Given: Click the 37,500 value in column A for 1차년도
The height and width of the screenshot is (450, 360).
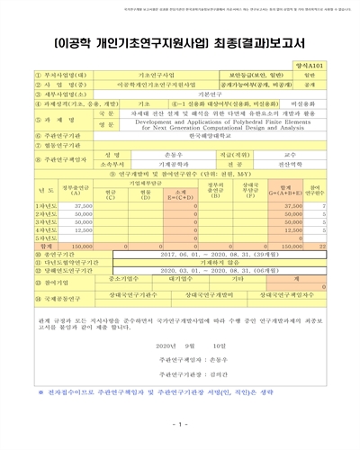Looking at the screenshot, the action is coord(82,207).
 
